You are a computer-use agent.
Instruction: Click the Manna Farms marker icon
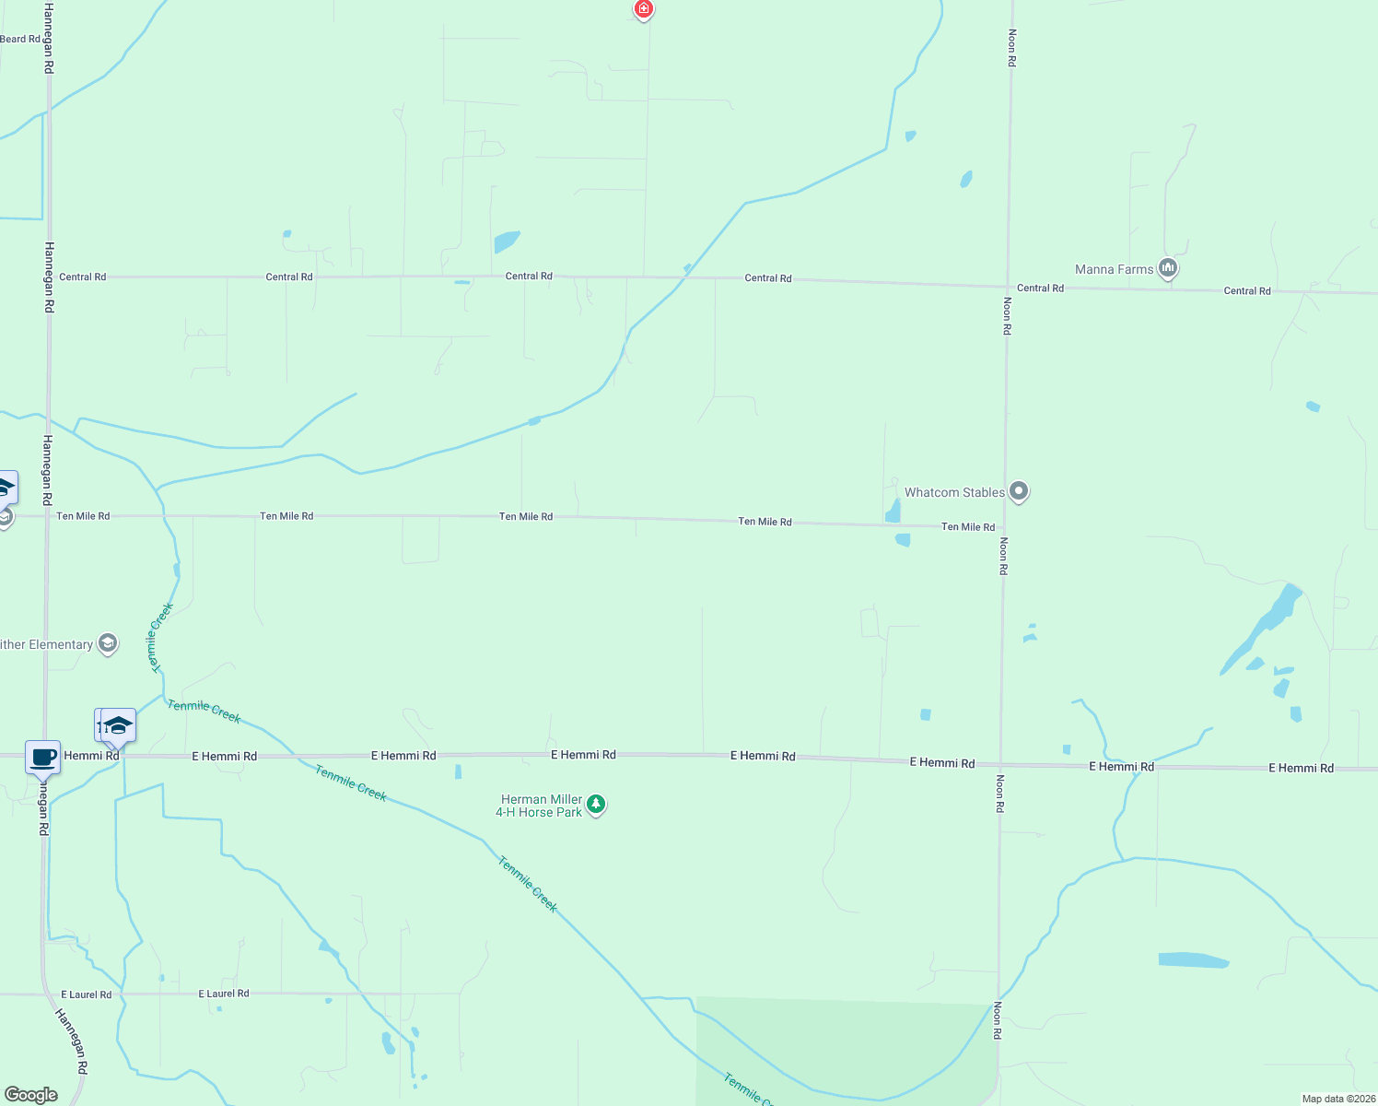(1168, 268)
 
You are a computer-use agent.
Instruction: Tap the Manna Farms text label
(1114, 269)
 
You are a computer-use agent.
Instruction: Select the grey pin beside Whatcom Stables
(1018, 491)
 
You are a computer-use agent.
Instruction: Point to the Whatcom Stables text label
(954, 492)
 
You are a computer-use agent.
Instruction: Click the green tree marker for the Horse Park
(596, 805)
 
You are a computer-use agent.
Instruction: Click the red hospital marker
(643, 10)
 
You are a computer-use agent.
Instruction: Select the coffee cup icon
(42, 758)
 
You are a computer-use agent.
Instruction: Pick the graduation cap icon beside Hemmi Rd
(118, 725)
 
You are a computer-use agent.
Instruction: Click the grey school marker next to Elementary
(108, 643)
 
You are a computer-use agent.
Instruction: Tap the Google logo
(31, 1094)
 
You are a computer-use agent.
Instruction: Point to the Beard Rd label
(20, 39)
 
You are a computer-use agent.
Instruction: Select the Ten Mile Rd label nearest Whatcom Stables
(967, 527)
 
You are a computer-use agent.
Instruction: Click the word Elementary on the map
(61, 644)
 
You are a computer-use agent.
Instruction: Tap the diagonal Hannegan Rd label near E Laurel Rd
(71, 1041)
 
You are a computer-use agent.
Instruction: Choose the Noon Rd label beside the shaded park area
(997, 1020)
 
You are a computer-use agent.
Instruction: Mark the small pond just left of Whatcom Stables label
(893, 511)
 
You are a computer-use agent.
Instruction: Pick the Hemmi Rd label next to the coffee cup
(91, 756)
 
